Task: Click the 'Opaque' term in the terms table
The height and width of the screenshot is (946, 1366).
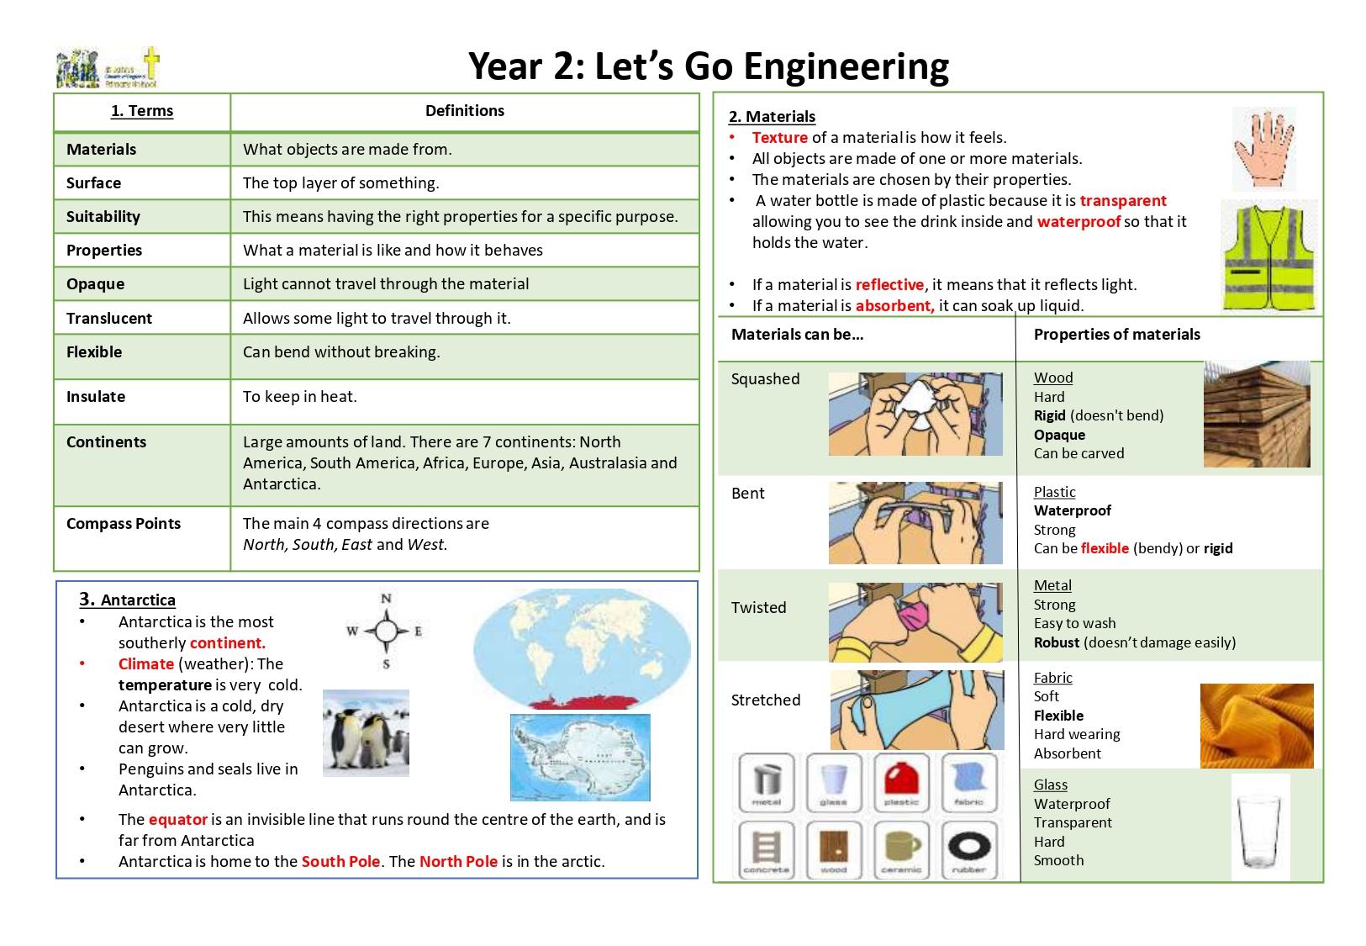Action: pos(95,284)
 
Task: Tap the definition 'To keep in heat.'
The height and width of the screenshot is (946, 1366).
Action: pos(300,397)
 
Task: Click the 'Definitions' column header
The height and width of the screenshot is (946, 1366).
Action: pos(464,111)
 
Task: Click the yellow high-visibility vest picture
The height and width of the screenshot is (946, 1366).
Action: pos(1268,257)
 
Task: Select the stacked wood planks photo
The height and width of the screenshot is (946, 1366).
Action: pos(1256,415)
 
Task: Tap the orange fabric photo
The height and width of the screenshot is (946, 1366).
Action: pos(1256,726)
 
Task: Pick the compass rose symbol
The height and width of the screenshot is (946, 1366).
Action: pos(386,632)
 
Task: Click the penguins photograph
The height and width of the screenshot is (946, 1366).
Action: pos(366,732)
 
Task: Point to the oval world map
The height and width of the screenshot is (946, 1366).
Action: pos(582,648)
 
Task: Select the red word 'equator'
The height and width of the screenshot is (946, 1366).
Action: pos(177,820)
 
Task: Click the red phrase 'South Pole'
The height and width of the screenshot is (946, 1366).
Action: pos(340,862)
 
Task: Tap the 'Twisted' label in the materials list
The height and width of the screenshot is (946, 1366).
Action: pos(758,608)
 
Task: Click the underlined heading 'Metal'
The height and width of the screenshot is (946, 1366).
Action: pos(1052,586)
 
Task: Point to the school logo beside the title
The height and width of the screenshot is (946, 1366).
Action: pos(108,68)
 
